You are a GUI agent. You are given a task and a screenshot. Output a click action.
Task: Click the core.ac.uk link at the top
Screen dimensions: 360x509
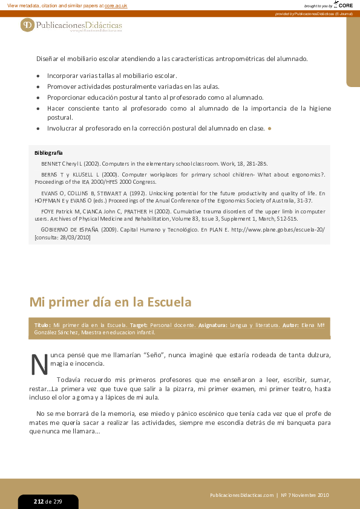pyautogui.click(x=116, y=5)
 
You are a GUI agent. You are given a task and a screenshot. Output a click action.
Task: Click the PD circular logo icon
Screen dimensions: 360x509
pyautogui.click(x=27, y=25)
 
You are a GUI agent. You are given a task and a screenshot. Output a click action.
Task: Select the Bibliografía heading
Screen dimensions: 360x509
pyautogui.click(x=48, y=153)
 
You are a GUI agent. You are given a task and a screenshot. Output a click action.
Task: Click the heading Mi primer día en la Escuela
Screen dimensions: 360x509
pyautogui.click(x=110, y=302)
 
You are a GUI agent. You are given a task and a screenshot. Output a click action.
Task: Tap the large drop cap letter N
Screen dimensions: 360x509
pyautogui.click(x=39, y=364)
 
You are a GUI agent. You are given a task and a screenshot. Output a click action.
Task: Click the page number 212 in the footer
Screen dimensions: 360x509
pyautogui.click(x=39, y=502)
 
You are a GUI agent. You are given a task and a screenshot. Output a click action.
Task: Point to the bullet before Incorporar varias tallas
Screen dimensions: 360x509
pyautogui.click(x=39, y=76)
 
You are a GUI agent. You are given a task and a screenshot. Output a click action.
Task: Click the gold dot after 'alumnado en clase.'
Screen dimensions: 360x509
pyautogui.click(x=270, y=128)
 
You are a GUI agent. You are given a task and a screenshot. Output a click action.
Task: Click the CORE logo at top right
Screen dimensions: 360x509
pyautogui.click(x=344, y=5)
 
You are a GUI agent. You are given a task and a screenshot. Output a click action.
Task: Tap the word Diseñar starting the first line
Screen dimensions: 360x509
pyautogui.click(x=47, y=59)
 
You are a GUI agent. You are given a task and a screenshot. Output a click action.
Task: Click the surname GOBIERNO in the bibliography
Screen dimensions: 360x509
pyautogui.click(x=59, y=230)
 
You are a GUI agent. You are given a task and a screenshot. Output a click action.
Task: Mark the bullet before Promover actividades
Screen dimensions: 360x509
pyautogui.click(x=39, y=87)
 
